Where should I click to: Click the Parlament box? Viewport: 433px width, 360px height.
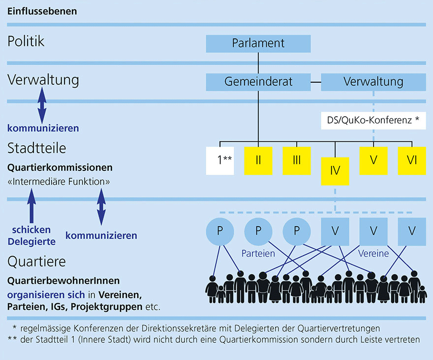click(258, 43)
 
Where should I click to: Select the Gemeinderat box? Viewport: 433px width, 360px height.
click(258, 82)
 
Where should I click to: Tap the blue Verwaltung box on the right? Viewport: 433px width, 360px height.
click(373, 82)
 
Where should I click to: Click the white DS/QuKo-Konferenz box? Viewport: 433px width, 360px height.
click(373, 120)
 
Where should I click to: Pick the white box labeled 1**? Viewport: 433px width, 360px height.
click(220, 161)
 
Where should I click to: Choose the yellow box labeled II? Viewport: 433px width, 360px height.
click(258, 161)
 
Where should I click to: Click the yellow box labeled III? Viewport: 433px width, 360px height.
click(297, 161)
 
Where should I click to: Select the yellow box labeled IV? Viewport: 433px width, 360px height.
click(335, 171)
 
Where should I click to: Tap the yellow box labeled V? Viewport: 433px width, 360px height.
click(373, 161)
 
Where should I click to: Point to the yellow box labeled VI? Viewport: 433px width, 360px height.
click(411, 161)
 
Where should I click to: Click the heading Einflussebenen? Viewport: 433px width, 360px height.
click(42, 11)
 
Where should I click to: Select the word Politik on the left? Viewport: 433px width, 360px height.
click(26, 41)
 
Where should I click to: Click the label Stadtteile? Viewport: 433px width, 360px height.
click(37, 148)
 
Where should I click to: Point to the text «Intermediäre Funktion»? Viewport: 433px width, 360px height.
click(59, 182)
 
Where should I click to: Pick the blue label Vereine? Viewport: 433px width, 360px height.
click(373, 254)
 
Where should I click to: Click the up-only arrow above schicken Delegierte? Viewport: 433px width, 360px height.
click(31, 209)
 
